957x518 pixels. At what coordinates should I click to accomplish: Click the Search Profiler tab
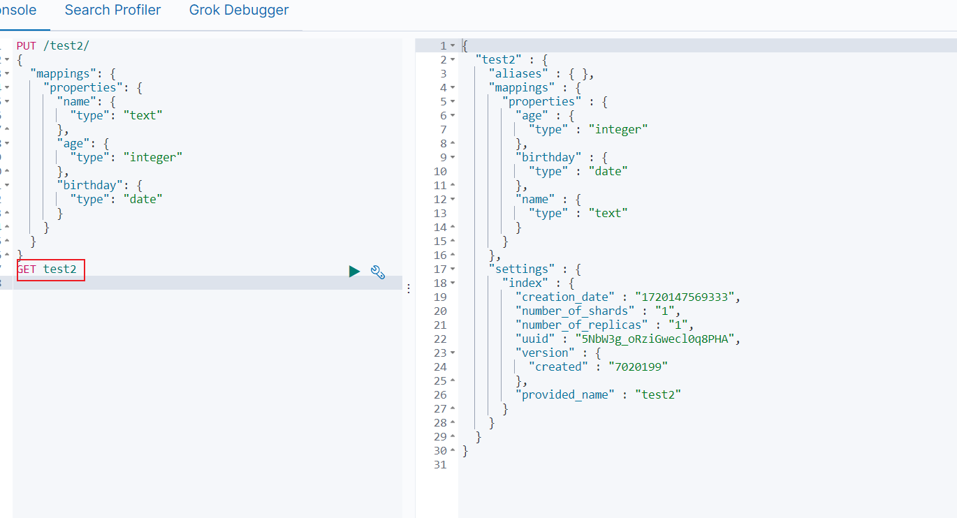click(112, 10)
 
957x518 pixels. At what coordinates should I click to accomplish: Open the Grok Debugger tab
click(239, 10)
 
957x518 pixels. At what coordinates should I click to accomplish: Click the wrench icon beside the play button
click(378, 272)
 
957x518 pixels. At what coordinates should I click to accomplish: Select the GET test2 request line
click(47, 269)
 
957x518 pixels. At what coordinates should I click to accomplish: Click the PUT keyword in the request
click(26, 45)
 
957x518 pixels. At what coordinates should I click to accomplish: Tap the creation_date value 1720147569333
click(685, 297)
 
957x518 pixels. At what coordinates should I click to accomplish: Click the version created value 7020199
click(638, 367)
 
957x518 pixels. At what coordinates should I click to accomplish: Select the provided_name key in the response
click(565, 395)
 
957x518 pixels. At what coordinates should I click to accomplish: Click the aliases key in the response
click(518, 74)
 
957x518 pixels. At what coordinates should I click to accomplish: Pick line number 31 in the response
click(440, 465)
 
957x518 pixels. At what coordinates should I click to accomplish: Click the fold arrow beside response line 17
click(453, 269)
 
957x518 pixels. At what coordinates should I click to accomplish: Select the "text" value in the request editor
click(143, 116)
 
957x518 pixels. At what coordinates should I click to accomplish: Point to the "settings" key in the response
click(522, 269)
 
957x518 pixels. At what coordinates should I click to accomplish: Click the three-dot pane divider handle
click(409, 289)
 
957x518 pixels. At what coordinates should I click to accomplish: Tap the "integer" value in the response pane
click(618, 130)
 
